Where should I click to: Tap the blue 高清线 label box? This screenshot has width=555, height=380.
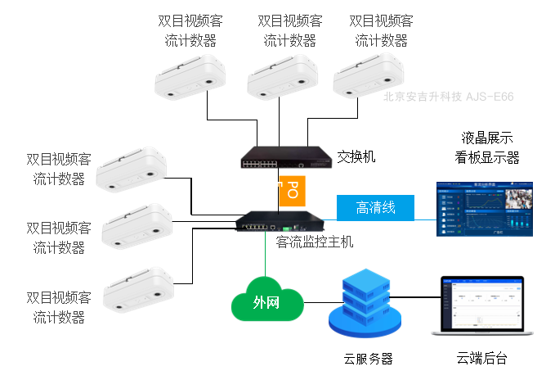pos(375,208)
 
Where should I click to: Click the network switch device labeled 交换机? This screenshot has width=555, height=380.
pos(283,156)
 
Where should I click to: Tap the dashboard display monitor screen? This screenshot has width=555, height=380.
pos(483,208)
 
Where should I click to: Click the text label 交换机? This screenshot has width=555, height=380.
pos(356,156)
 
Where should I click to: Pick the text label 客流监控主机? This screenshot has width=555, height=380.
pos(315,242)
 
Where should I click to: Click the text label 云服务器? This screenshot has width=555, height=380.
pos(368,358)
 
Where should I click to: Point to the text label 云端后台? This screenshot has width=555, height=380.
pos(482,358)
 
